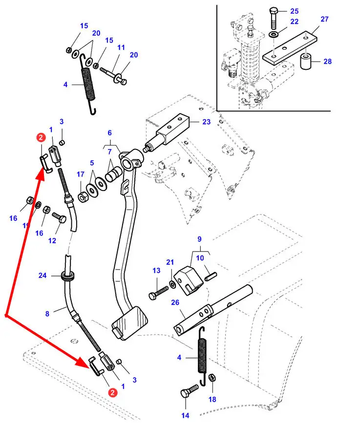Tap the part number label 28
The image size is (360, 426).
pyautogui.click(x=327, y=62)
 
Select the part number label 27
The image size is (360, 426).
pyautogui.click(x=325, y=20)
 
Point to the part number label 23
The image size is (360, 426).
pyautogui.click(x=207, y=122)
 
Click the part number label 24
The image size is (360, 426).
pyautogui.click(x=43, y=276)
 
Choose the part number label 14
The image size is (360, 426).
pyautogui.click(x=185, y=416)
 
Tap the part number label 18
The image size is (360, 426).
pyautogui.click(x=212, y=399)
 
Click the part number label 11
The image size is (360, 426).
pyautogui.click(x=121, y=48)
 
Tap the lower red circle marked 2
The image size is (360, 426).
pyautogui.click(x=112, y=392)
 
